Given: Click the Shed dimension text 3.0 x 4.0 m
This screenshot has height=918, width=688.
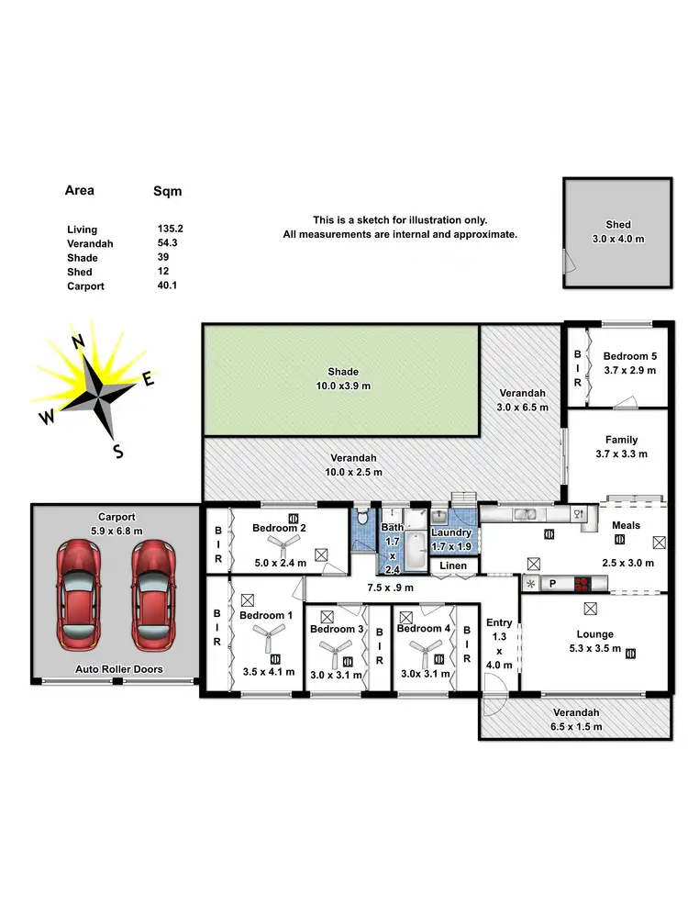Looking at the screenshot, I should point(618,239).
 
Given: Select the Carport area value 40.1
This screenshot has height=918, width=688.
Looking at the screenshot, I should point(167,285).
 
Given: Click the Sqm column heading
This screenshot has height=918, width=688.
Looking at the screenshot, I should point(167,192).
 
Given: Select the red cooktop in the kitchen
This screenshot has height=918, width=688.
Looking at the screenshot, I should point(582,582).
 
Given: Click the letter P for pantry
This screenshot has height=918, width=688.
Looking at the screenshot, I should point(553,582).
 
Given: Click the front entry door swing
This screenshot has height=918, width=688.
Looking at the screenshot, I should point(494,685).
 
